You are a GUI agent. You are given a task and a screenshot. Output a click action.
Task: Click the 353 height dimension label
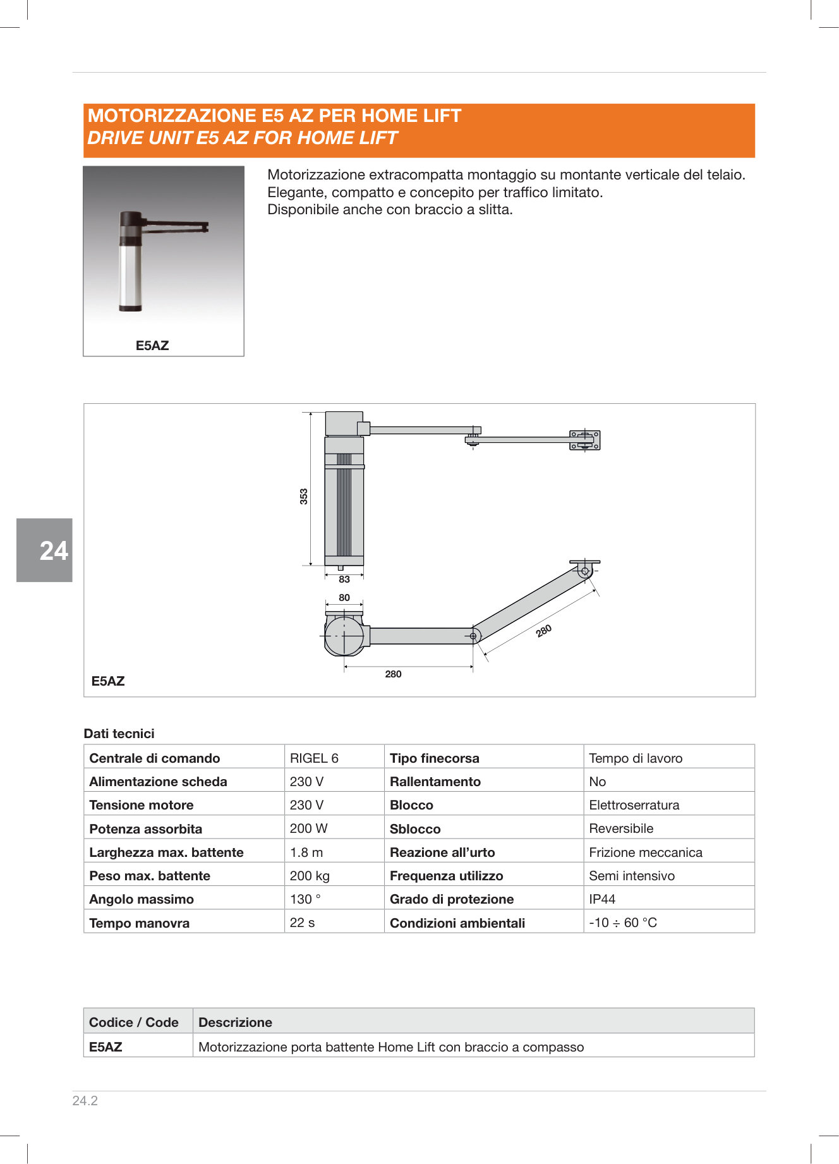coord(304,496)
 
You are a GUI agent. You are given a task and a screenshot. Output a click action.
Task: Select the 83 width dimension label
coord(344,579)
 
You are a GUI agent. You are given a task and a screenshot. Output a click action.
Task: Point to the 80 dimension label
coord(344,598)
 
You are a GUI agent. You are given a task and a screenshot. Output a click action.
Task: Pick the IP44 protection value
coord(602,899)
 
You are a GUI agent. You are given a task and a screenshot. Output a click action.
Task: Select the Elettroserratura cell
coord(634,805)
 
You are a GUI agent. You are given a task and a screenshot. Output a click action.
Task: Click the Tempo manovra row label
coord(140,923)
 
